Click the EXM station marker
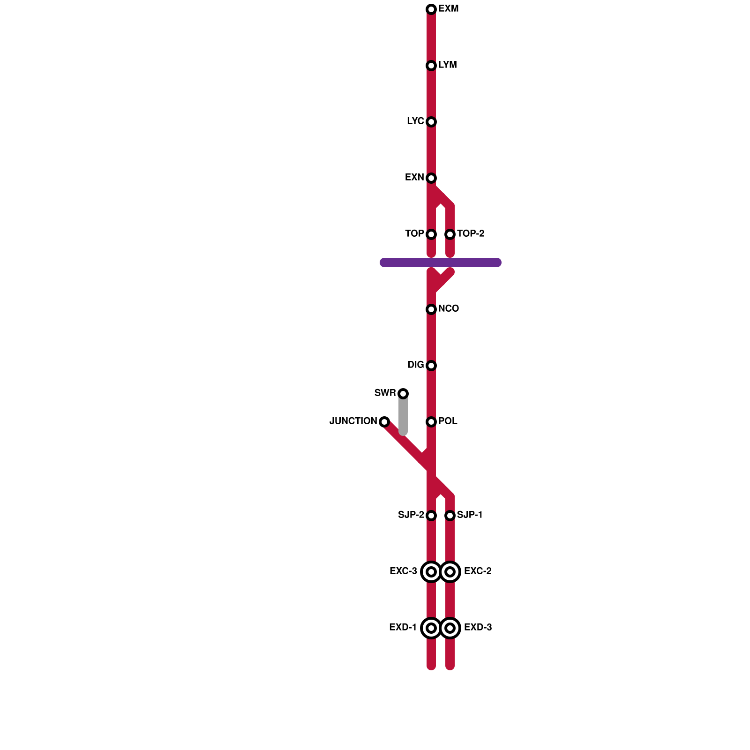tap(431, 9)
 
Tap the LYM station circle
tap(431, 66)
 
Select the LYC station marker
tap(431, 122)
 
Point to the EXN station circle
tap(431, 178)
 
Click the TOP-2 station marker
tap(450, 234)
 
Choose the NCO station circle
tap(431, 309)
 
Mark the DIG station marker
tap(431, 366)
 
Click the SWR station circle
tap(403, 394)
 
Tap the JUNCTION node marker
tap(384, 422)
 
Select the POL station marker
tap(431, 422)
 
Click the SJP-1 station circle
tap(450, 516)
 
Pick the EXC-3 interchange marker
tap(431, 572)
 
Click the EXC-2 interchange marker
tap(450, 572)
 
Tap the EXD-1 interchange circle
tap(431, 628)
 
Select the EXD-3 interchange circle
tap(450, 628)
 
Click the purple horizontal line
tap(478, 262)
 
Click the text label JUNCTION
tap(353, 421)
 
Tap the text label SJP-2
tap(411, 515)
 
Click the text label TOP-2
tap(471, 234)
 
